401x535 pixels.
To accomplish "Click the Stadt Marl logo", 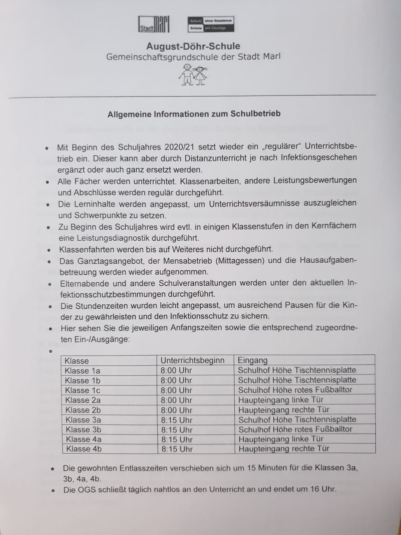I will [154, 24].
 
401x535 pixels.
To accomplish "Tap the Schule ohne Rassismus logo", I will [211, 24].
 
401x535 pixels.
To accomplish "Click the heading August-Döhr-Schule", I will [193, 46].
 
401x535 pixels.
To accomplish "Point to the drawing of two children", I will [193, 74].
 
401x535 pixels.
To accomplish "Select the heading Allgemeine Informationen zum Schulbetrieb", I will [194, 114].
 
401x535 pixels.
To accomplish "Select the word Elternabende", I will [85, 283].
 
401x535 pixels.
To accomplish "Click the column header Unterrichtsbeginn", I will [192, 360].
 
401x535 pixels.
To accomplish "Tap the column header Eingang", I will [252, 360].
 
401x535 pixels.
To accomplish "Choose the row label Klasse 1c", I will [82, 390].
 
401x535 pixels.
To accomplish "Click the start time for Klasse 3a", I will [177, 420].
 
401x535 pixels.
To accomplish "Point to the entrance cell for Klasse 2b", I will [284, 410].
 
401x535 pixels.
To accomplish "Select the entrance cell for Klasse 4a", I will [281, 439].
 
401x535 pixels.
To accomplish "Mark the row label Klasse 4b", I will [84, 449].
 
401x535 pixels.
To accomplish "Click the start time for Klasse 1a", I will [176, 370].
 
